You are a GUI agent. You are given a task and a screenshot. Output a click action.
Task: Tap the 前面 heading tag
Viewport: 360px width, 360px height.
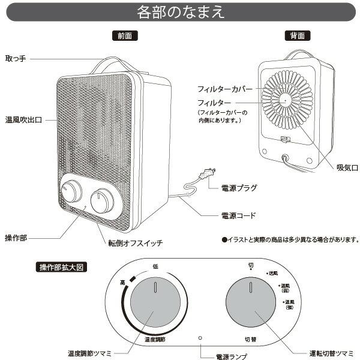(x=125, y=36)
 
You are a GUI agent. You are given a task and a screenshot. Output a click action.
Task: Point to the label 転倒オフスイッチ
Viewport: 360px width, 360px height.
(x=135, y=243)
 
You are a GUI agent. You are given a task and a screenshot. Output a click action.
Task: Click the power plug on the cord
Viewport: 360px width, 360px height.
(x=207, y=175)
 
